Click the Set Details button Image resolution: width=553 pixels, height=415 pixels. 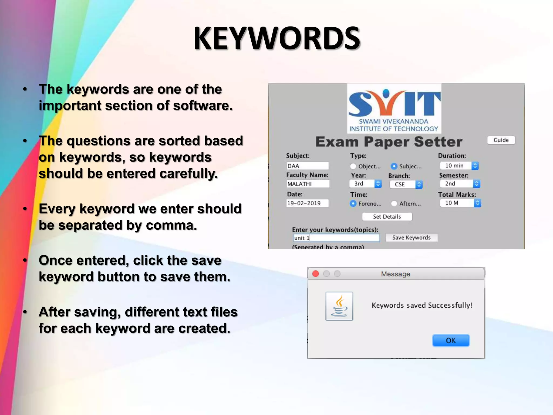tap(387, 217)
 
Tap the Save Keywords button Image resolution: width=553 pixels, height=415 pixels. tap(411, 237)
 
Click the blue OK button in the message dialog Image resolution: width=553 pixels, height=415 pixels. tap(451, 340)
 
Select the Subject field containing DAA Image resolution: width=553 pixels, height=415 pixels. tap(307, 166)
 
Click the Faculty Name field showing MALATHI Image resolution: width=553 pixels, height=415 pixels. tap(308, 184)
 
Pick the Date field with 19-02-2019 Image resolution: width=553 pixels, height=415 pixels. tap(307, 203)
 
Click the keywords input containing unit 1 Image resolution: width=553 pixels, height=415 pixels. tap(336, 238)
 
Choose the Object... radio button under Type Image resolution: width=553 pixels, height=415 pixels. tap(353, 166)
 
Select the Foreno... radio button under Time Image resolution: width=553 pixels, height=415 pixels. tap(353, 203)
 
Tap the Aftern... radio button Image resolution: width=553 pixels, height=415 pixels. tap(394, 203)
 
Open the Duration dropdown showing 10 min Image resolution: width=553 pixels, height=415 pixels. tap(459, 166)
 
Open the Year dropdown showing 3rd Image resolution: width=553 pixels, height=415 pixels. tap(365, 184)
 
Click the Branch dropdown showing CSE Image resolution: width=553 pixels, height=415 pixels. tap(406, 184)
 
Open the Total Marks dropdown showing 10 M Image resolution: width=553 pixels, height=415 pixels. tap(460, 203)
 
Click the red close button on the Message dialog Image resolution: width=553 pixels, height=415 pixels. tap(315, 274)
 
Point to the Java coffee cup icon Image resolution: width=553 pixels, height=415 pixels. tap(339, 306)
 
